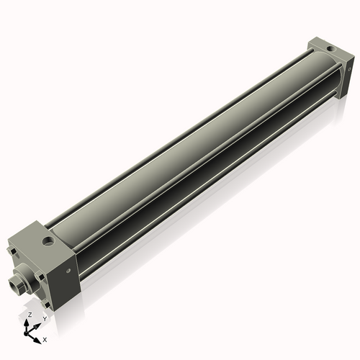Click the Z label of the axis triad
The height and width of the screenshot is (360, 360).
pos(29,315)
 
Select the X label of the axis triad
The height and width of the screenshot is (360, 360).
pos(45,338)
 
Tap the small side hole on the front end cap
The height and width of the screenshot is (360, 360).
pos(69,271)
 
